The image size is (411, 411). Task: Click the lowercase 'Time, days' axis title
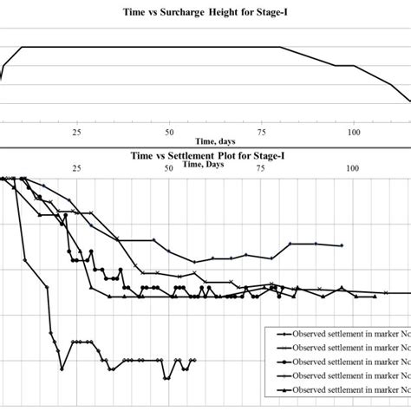point(216,140)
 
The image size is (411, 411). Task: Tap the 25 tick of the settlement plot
point(77,166)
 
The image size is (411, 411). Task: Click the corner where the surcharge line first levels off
point(22,47)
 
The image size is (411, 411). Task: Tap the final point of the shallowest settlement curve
point(342,245)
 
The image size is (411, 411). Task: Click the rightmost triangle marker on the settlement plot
point(375,297)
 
